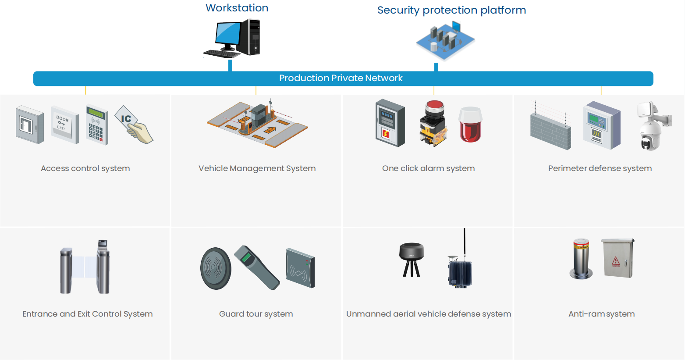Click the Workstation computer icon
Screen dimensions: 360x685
pos(233,39)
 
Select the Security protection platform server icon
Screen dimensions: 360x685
pos(445,40)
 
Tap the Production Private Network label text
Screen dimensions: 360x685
pos(341,78)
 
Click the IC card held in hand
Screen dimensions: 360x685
pos(133,125)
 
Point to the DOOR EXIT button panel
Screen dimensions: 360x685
pos(64,124)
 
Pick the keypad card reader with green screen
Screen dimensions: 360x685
pos(97,125)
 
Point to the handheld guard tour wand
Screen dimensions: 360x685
pos(256,267)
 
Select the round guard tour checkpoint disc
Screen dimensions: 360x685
pos(216,268)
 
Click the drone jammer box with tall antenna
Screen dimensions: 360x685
pos(460,270)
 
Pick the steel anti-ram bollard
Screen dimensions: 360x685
pos(581,259)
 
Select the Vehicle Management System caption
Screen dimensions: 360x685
pos(257,168)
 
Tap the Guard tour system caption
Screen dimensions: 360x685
pos(256,314)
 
